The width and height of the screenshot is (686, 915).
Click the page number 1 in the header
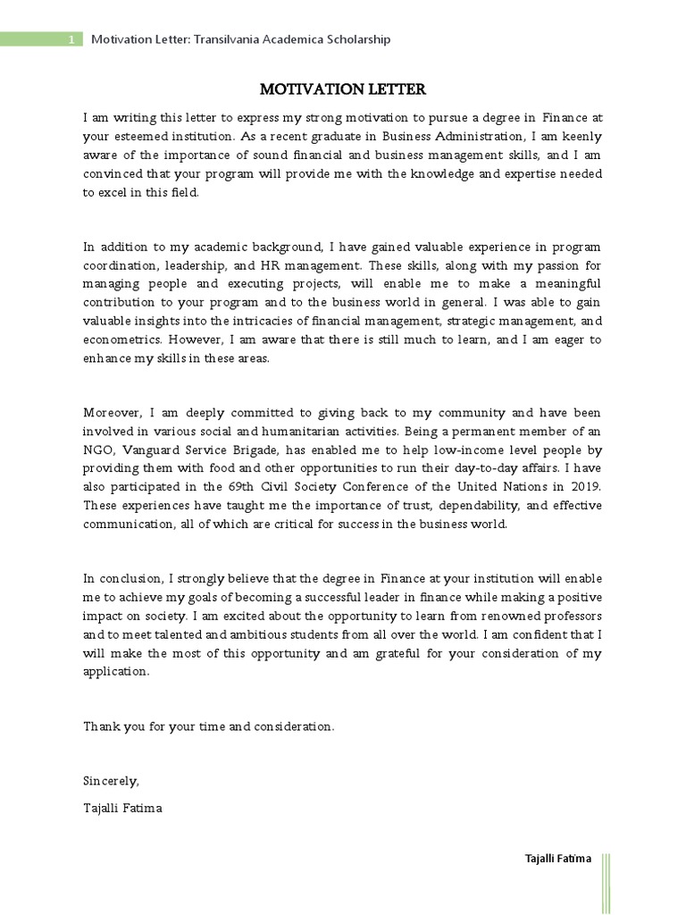71,40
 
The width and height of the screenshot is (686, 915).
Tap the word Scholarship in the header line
358,40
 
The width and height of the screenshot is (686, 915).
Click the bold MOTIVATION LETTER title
343,89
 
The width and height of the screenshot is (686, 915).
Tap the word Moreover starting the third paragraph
113,413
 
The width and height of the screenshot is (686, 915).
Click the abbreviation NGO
97,450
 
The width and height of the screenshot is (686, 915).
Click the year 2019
586,487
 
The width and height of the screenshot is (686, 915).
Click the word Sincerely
112,781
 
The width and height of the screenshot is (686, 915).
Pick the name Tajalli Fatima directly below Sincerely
123,808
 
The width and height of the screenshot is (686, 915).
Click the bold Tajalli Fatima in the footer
557,859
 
